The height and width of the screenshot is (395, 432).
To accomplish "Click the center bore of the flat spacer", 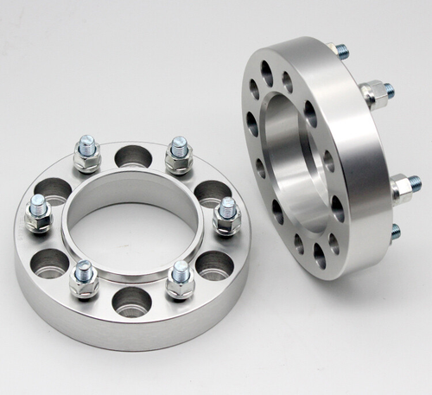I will click(x=130, y=226).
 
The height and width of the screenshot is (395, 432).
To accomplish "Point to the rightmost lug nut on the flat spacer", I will click(x=226, y=215).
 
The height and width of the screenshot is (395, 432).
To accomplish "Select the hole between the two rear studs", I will click(x=131, y=157).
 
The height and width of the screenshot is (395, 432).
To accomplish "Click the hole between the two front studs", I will click(x=131, y=301).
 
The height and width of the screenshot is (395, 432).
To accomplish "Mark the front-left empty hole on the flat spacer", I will click(x=51, y=262).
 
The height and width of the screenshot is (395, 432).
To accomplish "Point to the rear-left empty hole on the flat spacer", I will click(x=54, y=188).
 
